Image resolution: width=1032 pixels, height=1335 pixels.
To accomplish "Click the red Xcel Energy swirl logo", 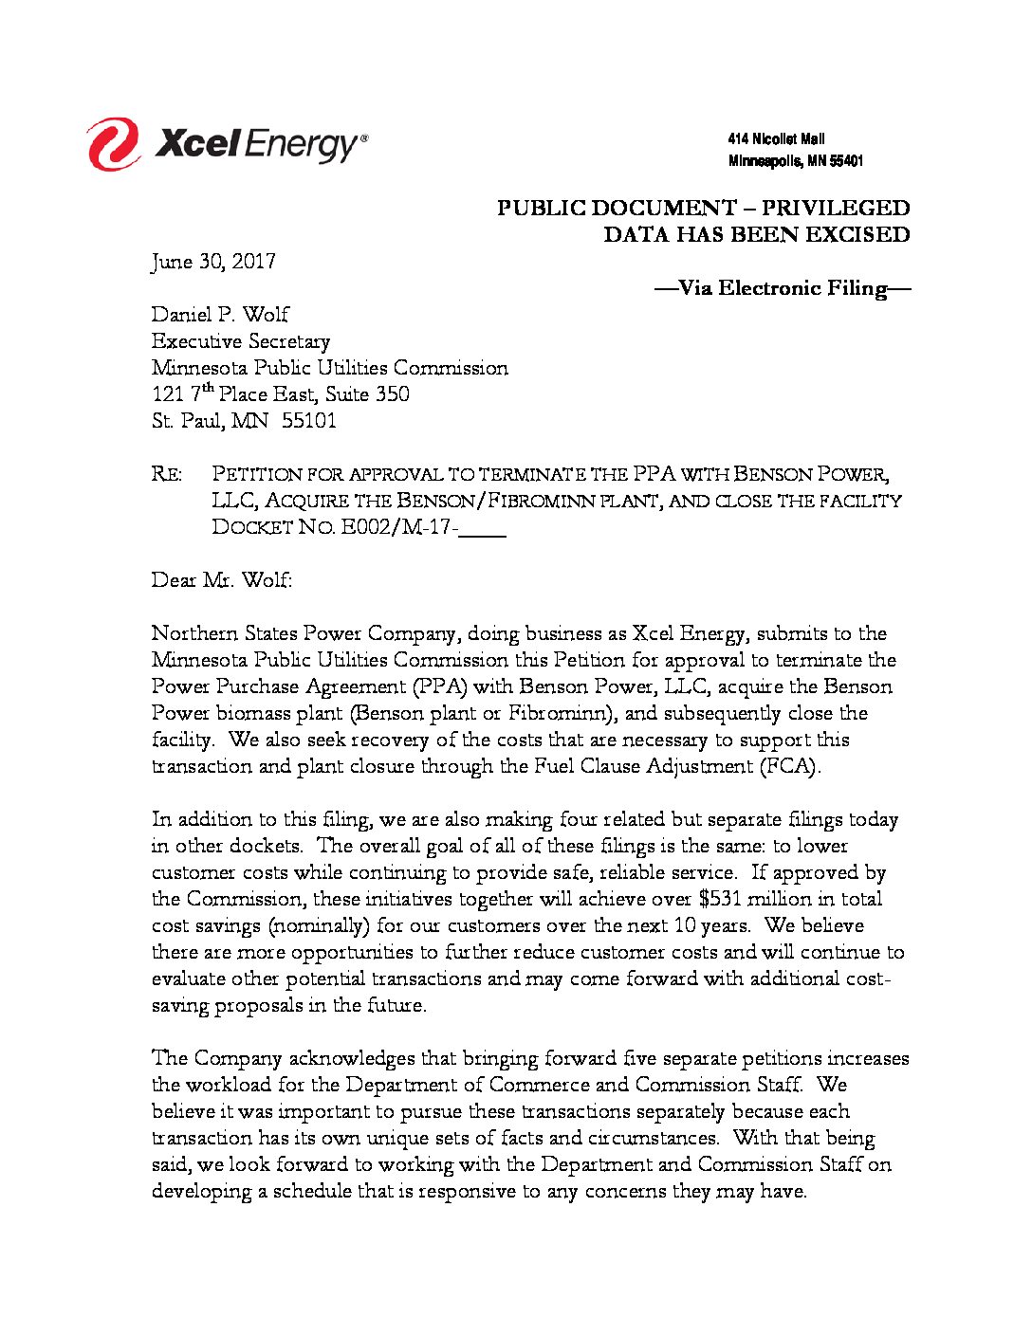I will point(113,144).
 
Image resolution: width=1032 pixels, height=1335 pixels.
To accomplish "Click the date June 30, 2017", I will point(213,262).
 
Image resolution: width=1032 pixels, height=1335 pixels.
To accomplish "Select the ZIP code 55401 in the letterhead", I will point(846,161).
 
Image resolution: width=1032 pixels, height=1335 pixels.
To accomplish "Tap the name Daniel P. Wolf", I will point(220,315).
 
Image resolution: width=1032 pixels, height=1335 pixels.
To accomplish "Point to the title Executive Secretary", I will point(241,341).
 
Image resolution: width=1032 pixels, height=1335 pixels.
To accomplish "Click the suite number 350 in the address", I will point(393,394).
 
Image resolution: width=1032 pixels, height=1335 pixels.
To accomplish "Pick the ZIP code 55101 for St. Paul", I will point(309,421).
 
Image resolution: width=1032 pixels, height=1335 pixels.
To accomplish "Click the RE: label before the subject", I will point(166,474).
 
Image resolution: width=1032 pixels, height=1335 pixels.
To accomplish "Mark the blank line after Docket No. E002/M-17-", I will point(482,529).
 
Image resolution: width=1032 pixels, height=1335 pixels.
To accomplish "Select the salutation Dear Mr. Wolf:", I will point(222,580).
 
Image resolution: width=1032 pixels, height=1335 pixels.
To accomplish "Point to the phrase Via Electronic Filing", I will point(783,288).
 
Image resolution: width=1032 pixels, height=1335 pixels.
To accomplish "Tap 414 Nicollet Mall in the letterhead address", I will point(776,139).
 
